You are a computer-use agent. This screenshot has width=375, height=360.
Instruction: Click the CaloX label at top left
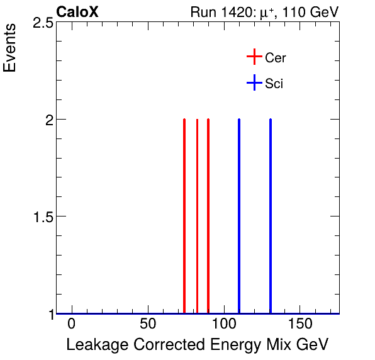click(77, 12)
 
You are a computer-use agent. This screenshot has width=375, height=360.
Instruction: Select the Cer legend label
click(276, 58)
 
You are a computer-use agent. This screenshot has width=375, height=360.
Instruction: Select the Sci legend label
click(274, 83)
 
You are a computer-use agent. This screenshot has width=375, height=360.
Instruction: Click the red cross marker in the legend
click(254, 57)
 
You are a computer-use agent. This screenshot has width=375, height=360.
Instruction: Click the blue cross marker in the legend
click(254, 82)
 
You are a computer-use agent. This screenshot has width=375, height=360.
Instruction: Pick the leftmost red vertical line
click(184, 214)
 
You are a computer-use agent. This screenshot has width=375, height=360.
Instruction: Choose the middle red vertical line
click(197, 214)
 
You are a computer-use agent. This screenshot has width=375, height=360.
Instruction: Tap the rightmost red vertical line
click(208, 214)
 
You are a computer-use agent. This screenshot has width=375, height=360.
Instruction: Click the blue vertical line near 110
click(239, 214)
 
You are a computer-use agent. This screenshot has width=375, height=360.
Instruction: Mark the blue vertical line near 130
click(271, 214)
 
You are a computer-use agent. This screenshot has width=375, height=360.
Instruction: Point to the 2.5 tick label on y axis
click(42, 23)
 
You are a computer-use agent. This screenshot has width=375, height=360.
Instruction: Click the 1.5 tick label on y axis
click(42, 217)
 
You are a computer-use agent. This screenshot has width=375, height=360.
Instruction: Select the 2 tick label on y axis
click(48, 120)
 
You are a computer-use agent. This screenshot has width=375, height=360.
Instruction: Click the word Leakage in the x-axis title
click(92, 345)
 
